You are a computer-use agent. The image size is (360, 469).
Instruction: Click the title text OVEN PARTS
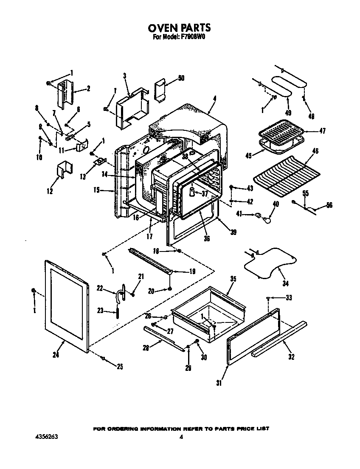click(179, 28)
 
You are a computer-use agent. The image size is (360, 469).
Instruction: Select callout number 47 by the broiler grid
click(322, 131)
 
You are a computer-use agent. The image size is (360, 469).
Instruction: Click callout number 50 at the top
click(181, 78)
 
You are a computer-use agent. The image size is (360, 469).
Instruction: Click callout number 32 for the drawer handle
click(291, 357)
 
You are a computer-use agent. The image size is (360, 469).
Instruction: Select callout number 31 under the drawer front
click(219, 383)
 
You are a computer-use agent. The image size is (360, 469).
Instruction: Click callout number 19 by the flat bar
click(192, 271)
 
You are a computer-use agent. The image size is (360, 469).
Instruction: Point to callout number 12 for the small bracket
click(50, 192)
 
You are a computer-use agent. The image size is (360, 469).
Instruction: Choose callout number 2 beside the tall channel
click(88, 88)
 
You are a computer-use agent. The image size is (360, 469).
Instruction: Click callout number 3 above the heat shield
click(125, 76)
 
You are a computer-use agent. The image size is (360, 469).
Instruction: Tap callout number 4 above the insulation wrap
click(214, 99)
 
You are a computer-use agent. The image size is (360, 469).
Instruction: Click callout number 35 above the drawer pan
click(233, 279)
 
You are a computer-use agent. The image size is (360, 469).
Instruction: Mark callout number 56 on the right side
click(329, 205)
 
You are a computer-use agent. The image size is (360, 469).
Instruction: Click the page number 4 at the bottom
click(181, 437)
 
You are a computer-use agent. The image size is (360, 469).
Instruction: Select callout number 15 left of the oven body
click(96, 190)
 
